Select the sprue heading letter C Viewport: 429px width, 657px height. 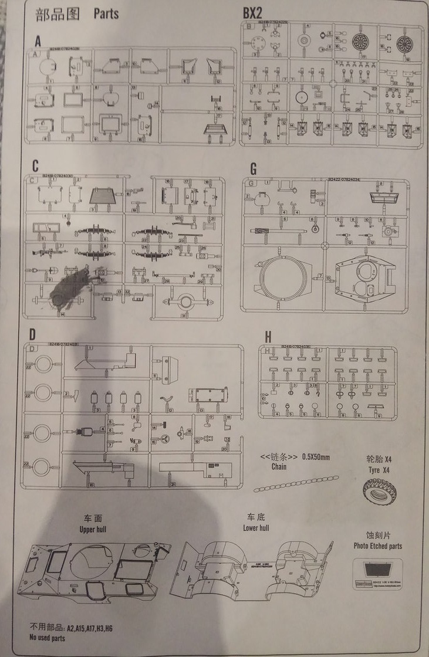(x=36, y=165)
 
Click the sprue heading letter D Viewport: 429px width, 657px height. (x=33, y=335)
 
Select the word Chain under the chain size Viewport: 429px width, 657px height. (x=279, y=467)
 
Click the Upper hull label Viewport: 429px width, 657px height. (x=94, y=529)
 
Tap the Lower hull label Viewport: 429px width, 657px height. (x=256, y=527)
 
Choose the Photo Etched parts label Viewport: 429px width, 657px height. (x=378, y=546)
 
